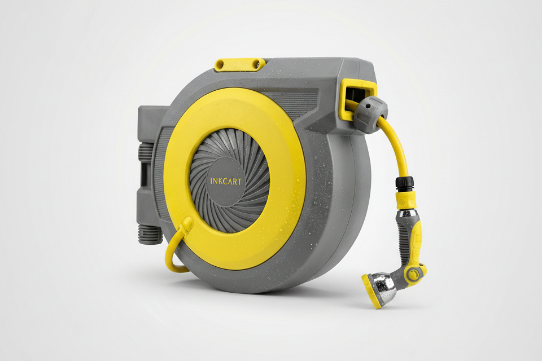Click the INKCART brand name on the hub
tap(226, 181)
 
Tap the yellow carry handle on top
tap(240, 65)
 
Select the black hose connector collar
tap(404, 185)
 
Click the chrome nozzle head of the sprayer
tap(384, 286)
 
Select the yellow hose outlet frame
tap(357, 99)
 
